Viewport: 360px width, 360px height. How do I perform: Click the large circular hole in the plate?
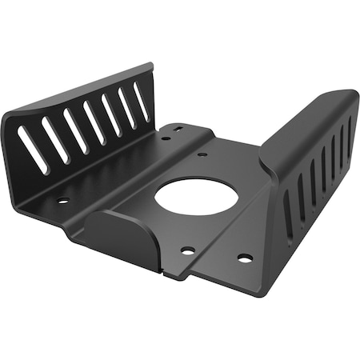tap(196, 194)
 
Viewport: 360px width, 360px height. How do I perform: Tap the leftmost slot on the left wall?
tap(33, 150)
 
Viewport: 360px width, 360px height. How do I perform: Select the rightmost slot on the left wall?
tap(142, 102)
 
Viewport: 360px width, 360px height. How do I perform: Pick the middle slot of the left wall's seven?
tap(94, 122)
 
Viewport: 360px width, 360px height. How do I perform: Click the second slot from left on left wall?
tap(54, 140)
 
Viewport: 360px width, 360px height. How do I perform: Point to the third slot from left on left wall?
tap(74, 131)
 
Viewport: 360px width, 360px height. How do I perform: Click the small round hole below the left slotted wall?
tap(63, 200)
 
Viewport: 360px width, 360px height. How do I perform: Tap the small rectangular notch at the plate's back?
tap(178, 128)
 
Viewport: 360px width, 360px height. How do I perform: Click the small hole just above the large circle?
tap(202, 154)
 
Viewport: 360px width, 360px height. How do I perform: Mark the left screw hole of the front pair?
tap(187, 250)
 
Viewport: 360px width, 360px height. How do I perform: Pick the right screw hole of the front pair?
tap(245, 258)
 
